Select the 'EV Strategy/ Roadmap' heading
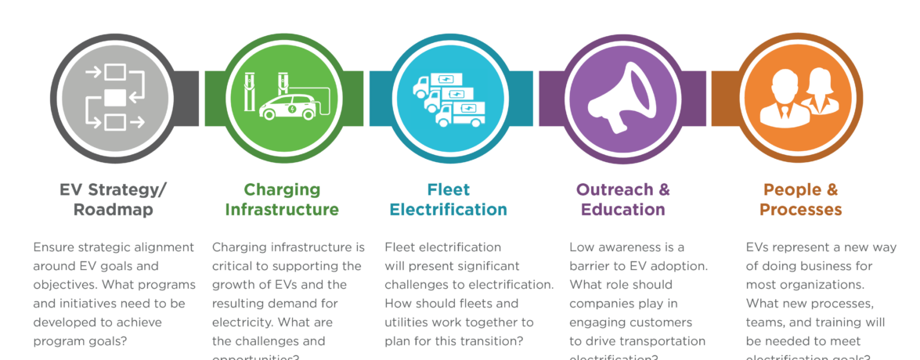tap(114, 200)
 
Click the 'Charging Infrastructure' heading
tap(282, 200)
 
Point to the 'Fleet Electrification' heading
tap(449, 200)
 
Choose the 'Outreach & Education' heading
tap(623, 200)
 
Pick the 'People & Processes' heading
tap(800, 200)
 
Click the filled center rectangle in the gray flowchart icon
tap(114, 98)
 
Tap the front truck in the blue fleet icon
tap(458, 114)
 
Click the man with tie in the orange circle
tap(783, 97)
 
